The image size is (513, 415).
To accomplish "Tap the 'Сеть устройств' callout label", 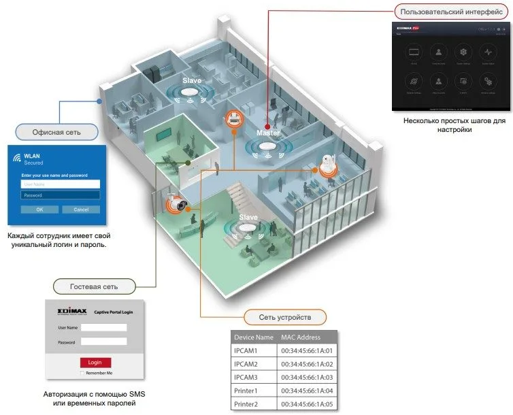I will click(x=285, y=317).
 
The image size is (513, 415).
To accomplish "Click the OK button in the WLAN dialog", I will click(x=39, y=209).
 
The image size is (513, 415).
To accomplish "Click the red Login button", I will click(x=95, y=362).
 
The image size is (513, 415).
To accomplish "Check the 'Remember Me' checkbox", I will click(x=82, y=373).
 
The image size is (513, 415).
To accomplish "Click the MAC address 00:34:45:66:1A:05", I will click(x=308, y=404).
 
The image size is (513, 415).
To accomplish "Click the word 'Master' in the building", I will click(x=268, y=133).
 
